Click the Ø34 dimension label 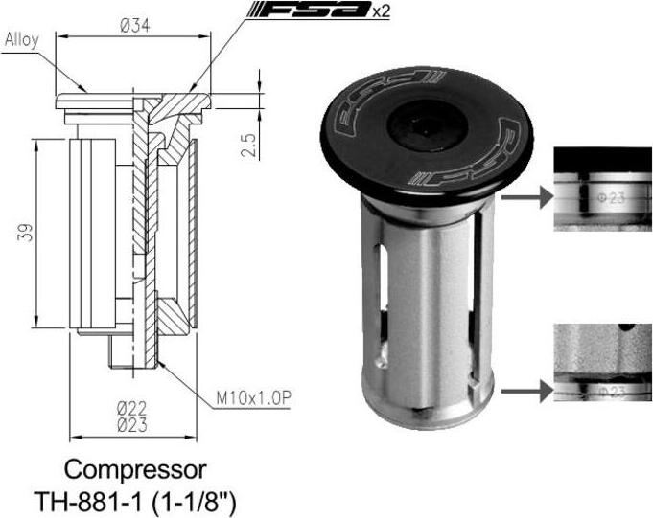[x=134, y=26]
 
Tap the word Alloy [x=22, y=40]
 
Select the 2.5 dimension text [x=248, y=145]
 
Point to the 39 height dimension [x=25, y=234]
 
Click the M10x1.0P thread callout [x=253, y=398]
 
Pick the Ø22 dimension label [x=132, y=409]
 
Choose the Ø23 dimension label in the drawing [x=132, y=425]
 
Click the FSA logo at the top [x=309, y=10]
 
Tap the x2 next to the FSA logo [x=381, y=11]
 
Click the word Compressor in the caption [x=135, y=470]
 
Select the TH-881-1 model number [x=89, y=501]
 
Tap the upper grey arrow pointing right [x=526, y=197]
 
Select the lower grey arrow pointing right [x=526, y=391]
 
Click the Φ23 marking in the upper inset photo [x=611, y=198]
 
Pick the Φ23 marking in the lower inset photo [x=612, y=392]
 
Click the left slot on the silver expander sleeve [x=383, y=278]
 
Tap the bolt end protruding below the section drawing [x=133, y=351]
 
